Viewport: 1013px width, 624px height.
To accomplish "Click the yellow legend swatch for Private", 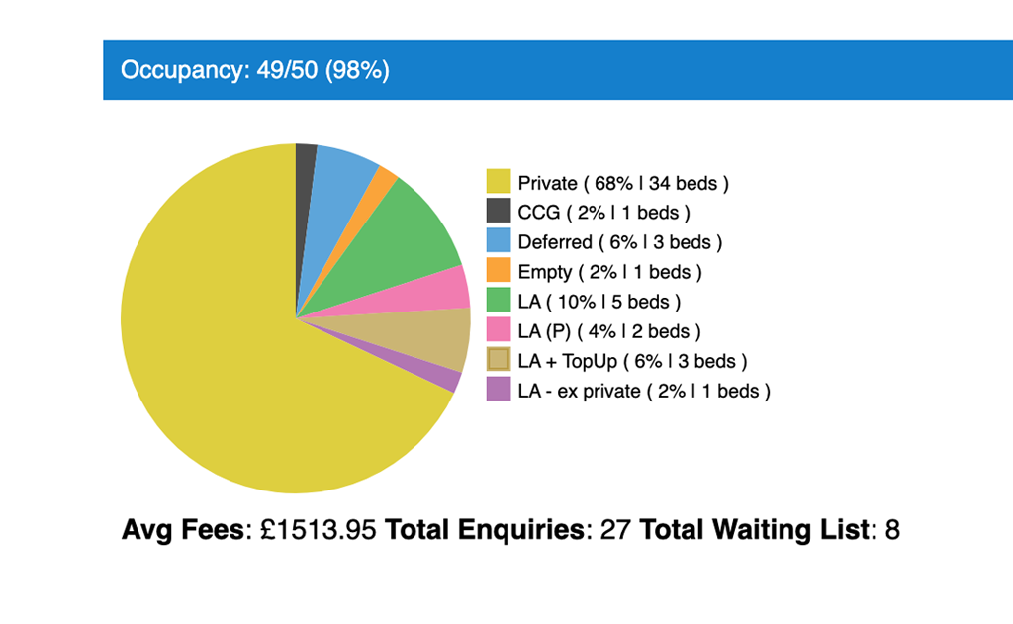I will [499, 182].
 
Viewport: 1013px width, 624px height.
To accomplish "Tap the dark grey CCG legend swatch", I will [499, 211].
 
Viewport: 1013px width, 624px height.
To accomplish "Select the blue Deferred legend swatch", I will [499, 240].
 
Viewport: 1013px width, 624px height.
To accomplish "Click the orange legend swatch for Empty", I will [499, 270].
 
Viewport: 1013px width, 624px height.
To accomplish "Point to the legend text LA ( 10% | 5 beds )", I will [599, 301].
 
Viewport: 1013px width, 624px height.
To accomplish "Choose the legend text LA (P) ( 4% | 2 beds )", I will [609, 330].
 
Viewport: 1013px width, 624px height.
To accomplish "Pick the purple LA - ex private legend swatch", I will [499, 390].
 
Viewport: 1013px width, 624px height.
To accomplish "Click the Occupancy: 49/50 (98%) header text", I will [255, 70].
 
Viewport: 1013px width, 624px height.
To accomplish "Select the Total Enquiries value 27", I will [615, 530].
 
